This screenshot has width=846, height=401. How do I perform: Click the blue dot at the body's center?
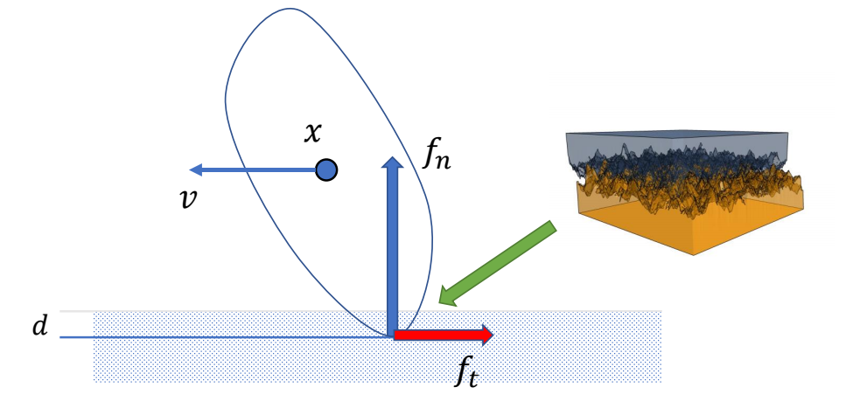click(x=326, y=169)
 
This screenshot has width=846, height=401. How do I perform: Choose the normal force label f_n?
click(x=437, y=156)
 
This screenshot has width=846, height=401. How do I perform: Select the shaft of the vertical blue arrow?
click(x=393, y=253)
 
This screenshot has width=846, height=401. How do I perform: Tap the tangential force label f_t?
click(x=467, y=371)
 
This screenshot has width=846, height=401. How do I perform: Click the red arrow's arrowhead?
click(x=486, y=335)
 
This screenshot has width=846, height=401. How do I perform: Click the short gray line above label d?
click(x=75, y=311)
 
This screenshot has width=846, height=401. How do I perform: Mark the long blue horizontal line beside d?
click(x=219, y=335)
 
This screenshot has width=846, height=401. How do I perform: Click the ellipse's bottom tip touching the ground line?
click(x=389, y=335)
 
